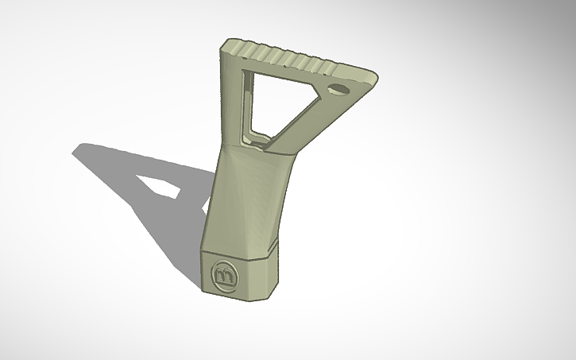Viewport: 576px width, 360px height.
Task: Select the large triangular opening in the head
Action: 274,103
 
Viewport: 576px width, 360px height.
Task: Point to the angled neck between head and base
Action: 246,191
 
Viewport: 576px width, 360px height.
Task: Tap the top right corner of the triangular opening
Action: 317,82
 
